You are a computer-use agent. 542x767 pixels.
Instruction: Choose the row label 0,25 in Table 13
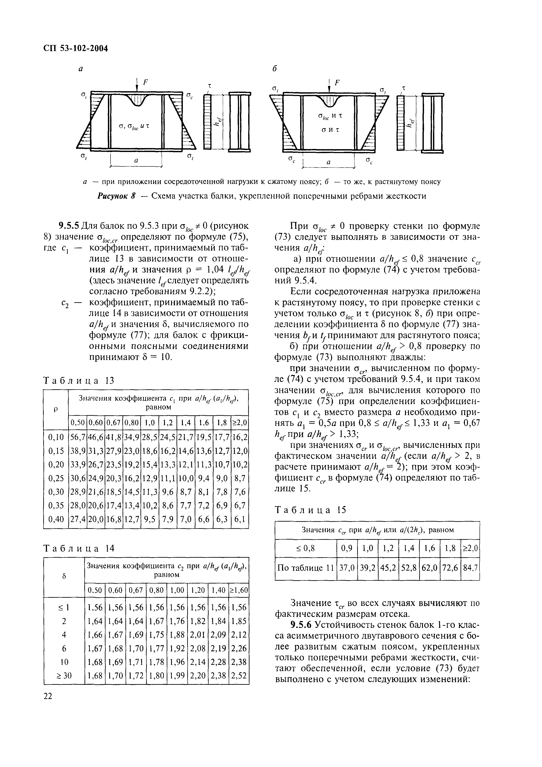click(56, 478)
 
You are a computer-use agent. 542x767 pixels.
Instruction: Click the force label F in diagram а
click(145, 82)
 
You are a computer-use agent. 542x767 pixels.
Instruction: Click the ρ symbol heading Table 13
click(56, 409)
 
